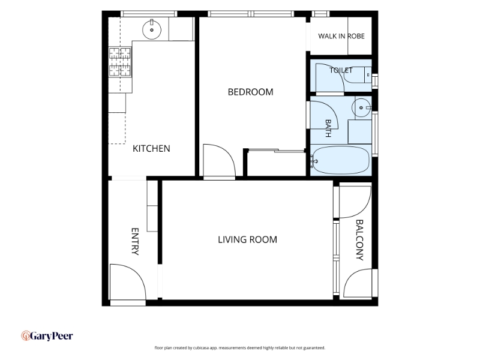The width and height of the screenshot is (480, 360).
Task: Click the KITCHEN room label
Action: coord(151,148)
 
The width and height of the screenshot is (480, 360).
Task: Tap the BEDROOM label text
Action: coord(250,92)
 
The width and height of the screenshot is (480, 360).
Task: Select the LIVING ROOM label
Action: coord(247,239)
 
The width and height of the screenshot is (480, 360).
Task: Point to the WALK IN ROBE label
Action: coord(341,36)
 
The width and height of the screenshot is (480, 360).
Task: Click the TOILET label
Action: coord(341,70)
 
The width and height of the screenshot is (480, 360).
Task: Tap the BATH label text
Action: coord(328,128)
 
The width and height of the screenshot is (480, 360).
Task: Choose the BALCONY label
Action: coord(359,239)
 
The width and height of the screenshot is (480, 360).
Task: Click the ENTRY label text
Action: coord(135,241)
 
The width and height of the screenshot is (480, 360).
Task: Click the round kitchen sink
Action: coord(152,29)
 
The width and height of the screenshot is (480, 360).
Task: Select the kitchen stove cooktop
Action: coord(120,62)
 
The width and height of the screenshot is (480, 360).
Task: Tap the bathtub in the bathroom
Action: coord(340,160)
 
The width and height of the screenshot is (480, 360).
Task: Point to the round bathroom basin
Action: coord(361,107)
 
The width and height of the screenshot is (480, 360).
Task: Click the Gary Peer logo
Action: coord(47,336)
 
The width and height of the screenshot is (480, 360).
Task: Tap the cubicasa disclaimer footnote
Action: coord(239,348)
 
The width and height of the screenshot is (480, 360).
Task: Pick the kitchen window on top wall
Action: coord(149,14)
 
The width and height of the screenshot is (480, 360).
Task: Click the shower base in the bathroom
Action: coord(359,131)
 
